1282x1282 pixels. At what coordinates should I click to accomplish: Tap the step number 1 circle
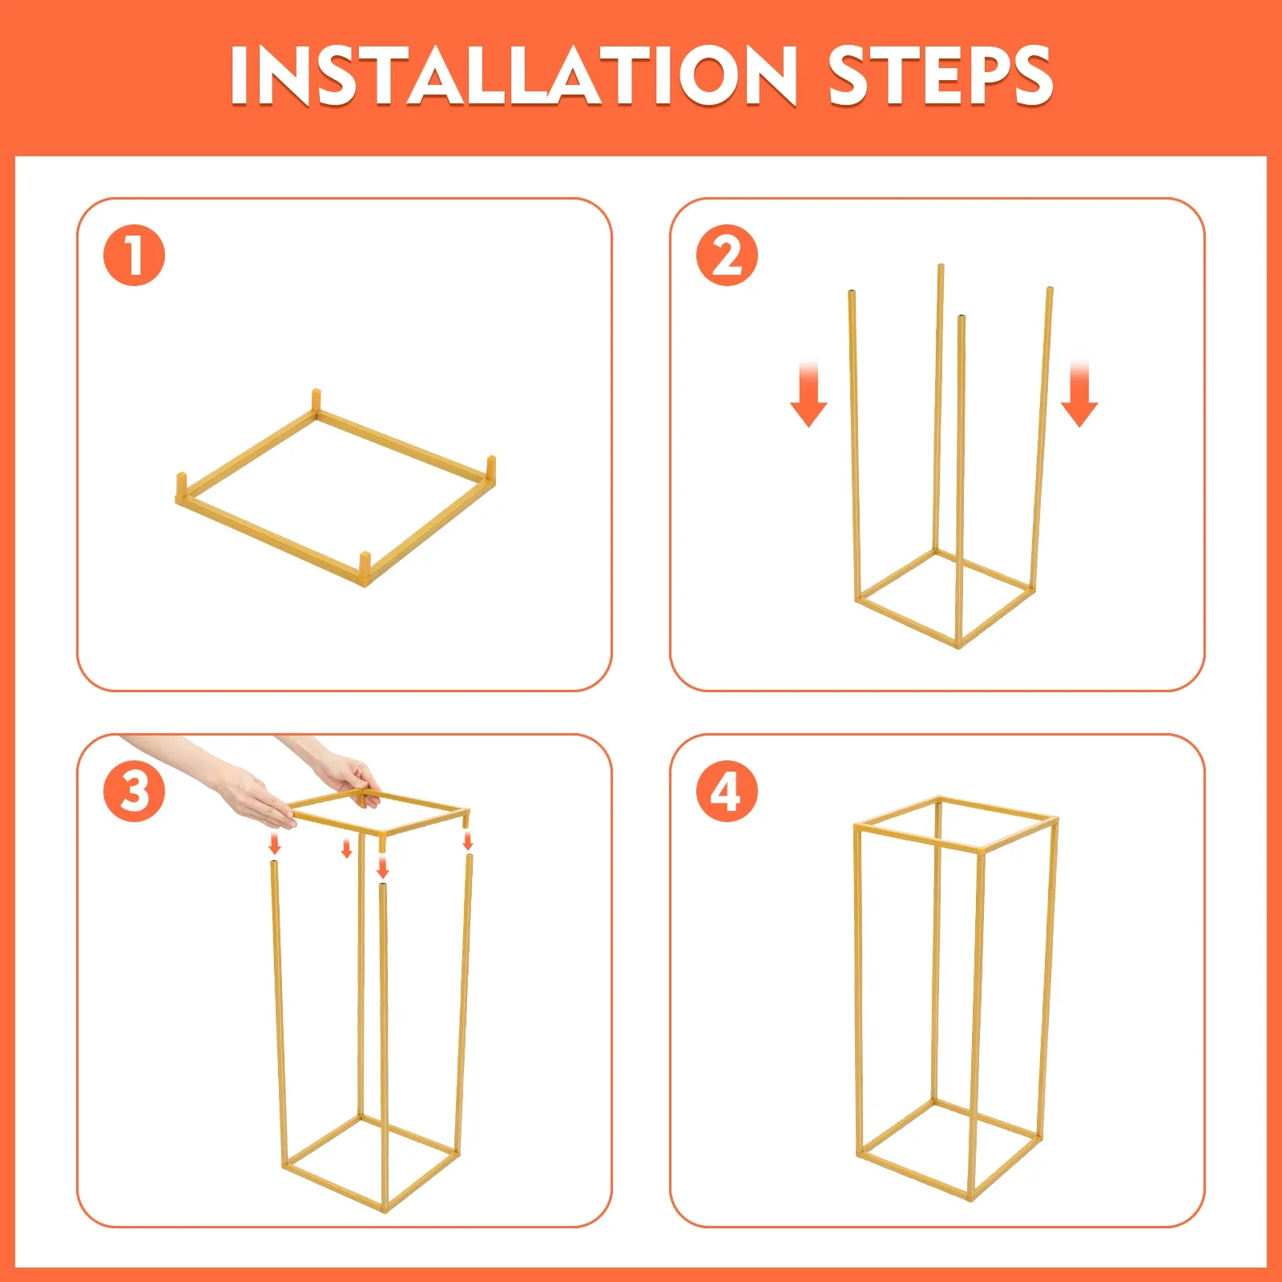click(x=134, y=256)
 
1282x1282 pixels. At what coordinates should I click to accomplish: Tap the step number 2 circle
click(x=727, y=256)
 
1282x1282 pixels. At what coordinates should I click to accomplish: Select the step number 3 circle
click(x=134, y=791)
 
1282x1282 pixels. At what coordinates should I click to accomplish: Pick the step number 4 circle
click(x=727, y=791)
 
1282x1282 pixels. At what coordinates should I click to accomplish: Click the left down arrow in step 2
click(x=808, y=394)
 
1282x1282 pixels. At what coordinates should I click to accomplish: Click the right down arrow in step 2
click(x=1079, y=394)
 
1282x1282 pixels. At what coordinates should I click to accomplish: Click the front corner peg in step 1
click(x=365, y=568)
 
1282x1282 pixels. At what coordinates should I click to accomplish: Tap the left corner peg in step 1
click(x=181, y=487)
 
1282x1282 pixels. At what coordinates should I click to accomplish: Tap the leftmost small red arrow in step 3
click(x=275, y=843)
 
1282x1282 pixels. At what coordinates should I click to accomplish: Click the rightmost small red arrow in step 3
click(x=468, y=841)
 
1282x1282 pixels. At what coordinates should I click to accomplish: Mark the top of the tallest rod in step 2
click(x=941, y=267)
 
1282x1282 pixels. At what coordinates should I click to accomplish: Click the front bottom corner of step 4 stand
click(x=972, y=1199)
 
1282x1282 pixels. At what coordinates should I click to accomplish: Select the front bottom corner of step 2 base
click(x=958, y=644)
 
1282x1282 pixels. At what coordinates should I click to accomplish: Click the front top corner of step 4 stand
click(x=980, y=849)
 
